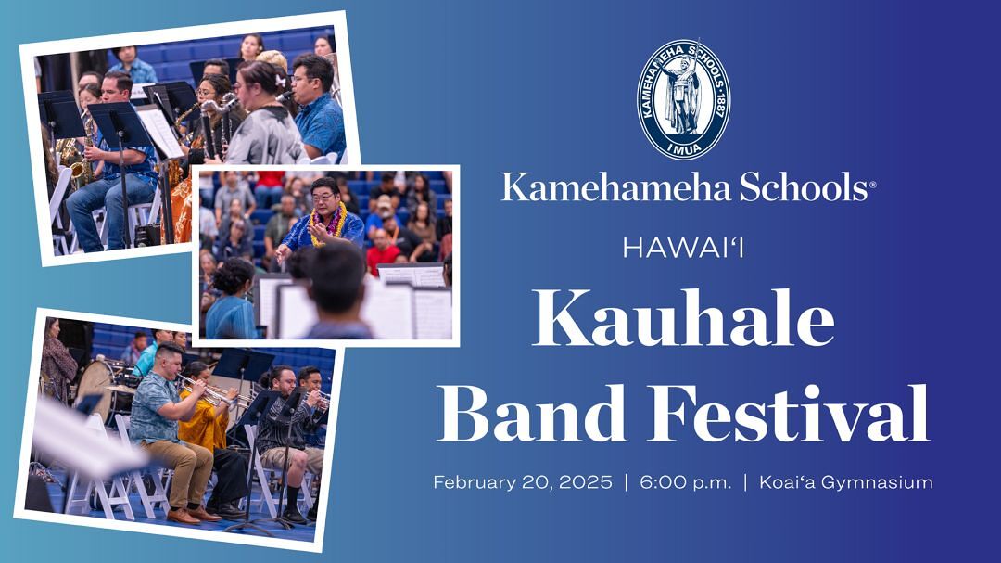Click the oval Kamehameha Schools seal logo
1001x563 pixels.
click(x=684, y=99)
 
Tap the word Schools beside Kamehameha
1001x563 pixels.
click(x=805, y=187)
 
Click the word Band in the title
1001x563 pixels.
click(x=531, y=413)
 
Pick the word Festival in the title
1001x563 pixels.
click(x=789, y=413)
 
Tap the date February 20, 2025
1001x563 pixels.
click(x=522, y=481)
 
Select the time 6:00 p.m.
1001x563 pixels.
click(x=686, y=482)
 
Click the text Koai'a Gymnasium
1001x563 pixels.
click(x=846, y=482)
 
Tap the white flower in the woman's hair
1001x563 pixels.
click(x=281, y=81)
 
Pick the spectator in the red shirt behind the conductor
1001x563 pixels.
click(x=383, y=251)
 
